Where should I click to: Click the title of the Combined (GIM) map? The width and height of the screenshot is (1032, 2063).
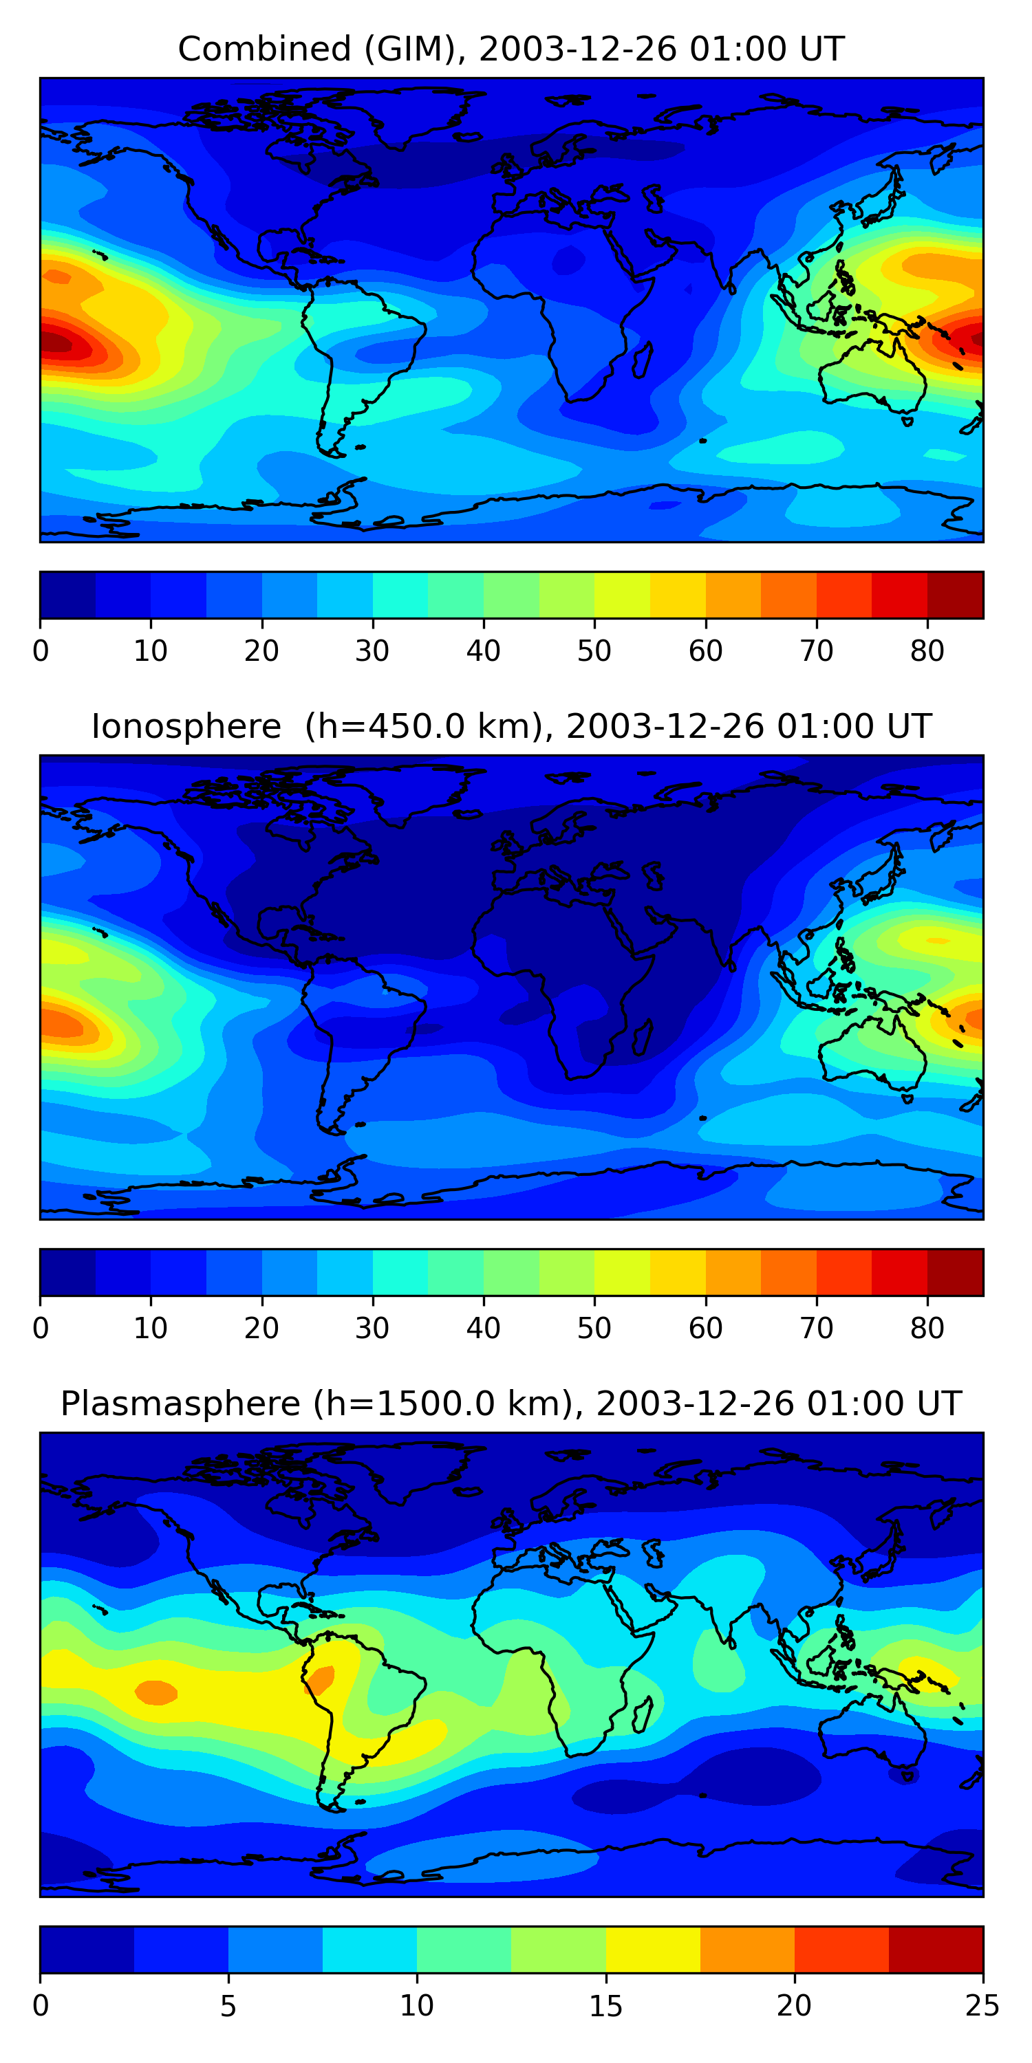point(511,49)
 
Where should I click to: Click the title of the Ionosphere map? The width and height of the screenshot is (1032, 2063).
point(511,726)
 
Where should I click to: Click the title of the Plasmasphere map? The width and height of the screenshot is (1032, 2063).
point(511,1404)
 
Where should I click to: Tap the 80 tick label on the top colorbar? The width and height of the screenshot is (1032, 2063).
point(927,651)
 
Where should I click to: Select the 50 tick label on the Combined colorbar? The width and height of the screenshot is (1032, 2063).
point(594,651)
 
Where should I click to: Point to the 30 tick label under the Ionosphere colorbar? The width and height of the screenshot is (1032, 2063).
point(373,1329)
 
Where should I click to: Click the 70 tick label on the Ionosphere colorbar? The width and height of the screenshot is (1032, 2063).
point(817,1329)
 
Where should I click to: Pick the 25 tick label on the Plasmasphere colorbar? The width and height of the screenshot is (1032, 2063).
point(982,2006)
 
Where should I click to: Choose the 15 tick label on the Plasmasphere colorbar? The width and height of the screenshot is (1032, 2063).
point(605,2006)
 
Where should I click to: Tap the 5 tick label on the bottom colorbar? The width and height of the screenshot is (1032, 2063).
point(228,2006)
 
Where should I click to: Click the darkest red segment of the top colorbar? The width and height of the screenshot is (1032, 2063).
point(955,595)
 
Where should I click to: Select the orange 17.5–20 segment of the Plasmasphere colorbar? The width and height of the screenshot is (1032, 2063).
point(748,1950)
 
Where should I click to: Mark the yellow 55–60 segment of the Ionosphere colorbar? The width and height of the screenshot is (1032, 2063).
point(678,1273)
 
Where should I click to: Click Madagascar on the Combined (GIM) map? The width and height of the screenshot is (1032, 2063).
point(643,360)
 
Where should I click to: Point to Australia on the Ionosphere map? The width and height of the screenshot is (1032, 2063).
point(872,1045)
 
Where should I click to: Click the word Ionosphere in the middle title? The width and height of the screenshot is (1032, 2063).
point(186,726)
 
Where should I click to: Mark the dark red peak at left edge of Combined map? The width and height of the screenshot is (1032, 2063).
point(56,342)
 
